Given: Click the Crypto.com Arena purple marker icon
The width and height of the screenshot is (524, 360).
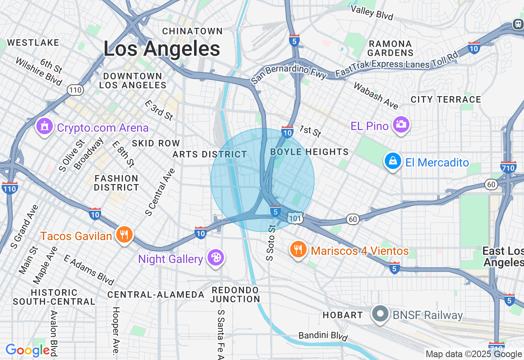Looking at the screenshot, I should [x=45, y=126].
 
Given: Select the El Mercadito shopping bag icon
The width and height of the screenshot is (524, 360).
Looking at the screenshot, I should [x=393, y=161].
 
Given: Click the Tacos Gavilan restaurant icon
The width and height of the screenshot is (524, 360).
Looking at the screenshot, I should [x=124, y=235].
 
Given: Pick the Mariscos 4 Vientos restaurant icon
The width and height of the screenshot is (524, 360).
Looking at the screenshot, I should [x=298, y=249].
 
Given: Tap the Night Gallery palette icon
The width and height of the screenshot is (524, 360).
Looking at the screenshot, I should [x=215, y=258].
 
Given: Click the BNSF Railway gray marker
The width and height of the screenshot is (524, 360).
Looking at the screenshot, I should [x=381, y=314].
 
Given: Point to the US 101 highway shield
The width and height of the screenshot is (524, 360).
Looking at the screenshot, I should [x=294, y=218].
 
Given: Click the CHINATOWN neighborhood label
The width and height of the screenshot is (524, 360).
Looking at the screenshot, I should [x=192, y=31].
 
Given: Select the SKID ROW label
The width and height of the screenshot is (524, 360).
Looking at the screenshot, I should [x=156, y=143].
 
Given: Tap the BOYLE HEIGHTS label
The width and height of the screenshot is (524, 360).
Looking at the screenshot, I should [x=309, y=152].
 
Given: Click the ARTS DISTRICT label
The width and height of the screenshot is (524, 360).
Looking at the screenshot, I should [x=210, y=154].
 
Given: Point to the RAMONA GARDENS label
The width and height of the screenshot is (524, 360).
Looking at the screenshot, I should [x=390, y=48].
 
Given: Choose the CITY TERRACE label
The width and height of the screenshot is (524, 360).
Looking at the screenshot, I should [x=446, y=99].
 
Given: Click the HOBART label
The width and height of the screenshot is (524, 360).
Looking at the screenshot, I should [x=343, y=315].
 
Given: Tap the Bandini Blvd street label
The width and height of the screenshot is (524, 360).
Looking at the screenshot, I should [x=323, y=336].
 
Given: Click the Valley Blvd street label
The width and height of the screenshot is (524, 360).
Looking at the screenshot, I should [x=372, y=13].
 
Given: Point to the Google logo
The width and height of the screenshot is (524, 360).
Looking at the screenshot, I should [x=27, y=351].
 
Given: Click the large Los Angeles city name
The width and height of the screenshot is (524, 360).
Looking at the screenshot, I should [x=162, y=49].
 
